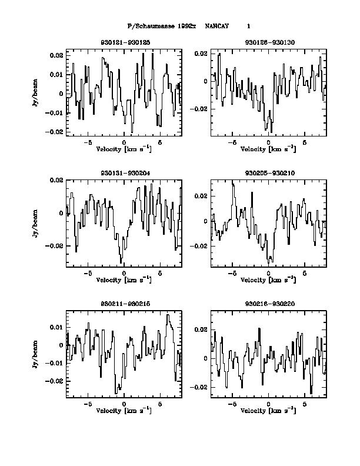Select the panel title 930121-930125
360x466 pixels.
point(124,43)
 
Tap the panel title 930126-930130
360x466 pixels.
point(268,43)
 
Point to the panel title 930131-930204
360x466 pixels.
point(124,172)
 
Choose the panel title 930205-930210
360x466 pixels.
point(268,172)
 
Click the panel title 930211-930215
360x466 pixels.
point(124,303)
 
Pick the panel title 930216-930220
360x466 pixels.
point(268,303)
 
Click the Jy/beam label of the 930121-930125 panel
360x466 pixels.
point(35,93)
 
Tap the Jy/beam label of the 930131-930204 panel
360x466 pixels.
point(35,224)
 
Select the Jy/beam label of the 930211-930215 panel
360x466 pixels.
point(35,354)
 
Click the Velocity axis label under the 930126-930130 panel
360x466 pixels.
point(268,149)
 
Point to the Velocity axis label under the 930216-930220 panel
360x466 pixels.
point(268,410)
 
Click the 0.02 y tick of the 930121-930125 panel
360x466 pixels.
point(56,55)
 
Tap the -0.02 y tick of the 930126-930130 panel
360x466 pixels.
point(200,109)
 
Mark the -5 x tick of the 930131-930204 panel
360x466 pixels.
point(88,274)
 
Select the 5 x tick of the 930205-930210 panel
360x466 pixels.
point(304,274)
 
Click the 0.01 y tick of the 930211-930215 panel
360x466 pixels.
point(56,327)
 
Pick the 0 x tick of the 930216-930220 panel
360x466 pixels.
point(268,404)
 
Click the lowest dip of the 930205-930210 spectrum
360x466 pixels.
point(271,261)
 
